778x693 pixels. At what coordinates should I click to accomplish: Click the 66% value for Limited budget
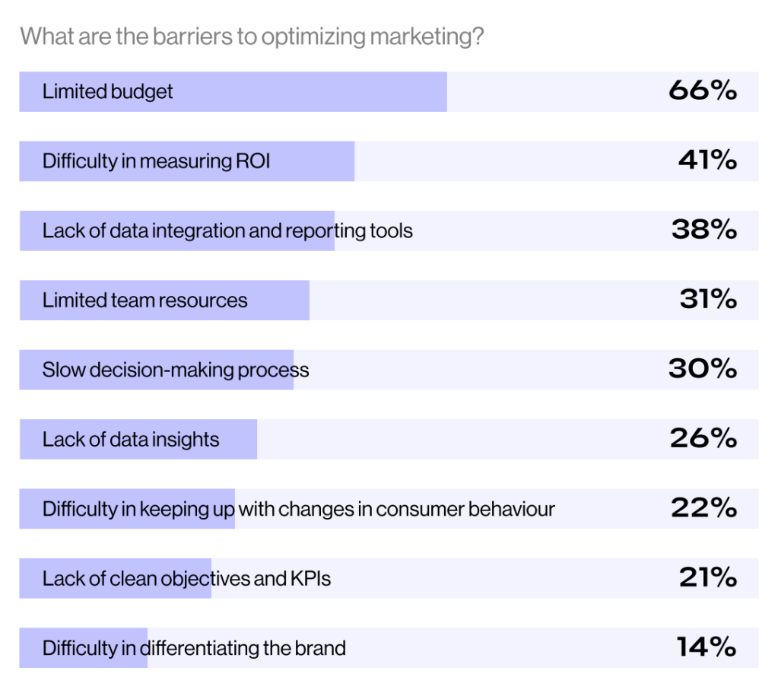(x=703, y=91)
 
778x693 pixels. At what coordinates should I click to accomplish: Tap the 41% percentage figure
(x=707, y=161)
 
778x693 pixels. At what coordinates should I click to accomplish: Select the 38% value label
(x=704, y=230)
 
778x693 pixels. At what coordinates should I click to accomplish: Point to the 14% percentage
(x=707, y=647)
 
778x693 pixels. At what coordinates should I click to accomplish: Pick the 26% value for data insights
(x=703, y=439)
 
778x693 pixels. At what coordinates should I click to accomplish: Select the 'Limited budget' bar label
(x=107, y=92)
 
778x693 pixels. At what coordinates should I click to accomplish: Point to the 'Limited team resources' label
(x=144, y=300)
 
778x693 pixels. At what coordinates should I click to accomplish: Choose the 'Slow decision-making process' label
(x=176, y=370)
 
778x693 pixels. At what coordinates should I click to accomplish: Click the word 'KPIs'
(x=310, y=579)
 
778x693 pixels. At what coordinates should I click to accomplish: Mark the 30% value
(x=703, y=370)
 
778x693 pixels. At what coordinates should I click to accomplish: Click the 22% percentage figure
(x=703, y=508)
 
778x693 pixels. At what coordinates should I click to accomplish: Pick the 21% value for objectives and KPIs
(x=707, y=578)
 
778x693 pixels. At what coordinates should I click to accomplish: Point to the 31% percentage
(x=708, y=300)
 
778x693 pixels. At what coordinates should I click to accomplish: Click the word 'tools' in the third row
(x=391, y=230)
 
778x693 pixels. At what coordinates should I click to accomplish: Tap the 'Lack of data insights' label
(x=131, y=440)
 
